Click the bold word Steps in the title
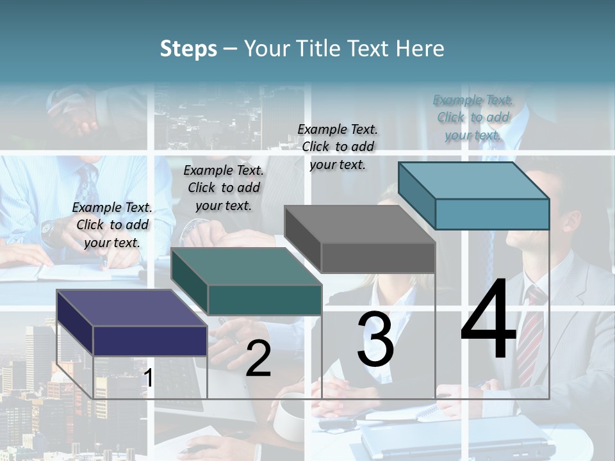pyautogui.click(x=188, y=49)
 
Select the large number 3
pyautogui.click(x=375, y=339)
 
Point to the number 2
pyautogui.click(x=258, y=359)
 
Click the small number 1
pyautogui.click(x=148, y=378)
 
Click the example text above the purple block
pyautogui.click(x=112, y=225)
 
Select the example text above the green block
pyautogui.click(x=224, y=188)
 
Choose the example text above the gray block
pyautogui.click(x=338, y=147)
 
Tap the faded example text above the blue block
pyautogui.click(x=473, y=117)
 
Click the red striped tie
pyautogui.click(x=530, y=333)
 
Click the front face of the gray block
pyautogui.click(x=378, y=258)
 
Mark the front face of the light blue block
pyautogui.click(x=492, y=214)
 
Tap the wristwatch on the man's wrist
pyautogui.click(x=47, y=227)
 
